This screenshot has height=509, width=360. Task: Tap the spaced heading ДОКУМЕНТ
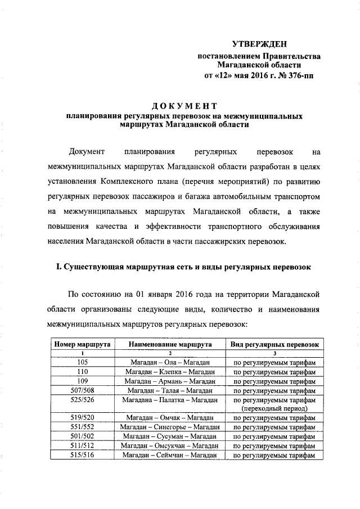184,106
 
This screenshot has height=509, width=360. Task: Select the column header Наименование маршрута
169,344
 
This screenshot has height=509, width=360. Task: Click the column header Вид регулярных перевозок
274,344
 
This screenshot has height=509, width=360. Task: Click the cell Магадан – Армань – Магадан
169,381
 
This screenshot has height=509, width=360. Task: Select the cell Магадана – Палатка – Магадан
169,399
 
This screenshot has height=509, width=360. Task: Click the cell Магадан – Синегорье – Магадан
169,427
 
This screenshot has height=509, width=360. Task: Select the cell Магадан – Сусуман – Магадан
169,436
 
